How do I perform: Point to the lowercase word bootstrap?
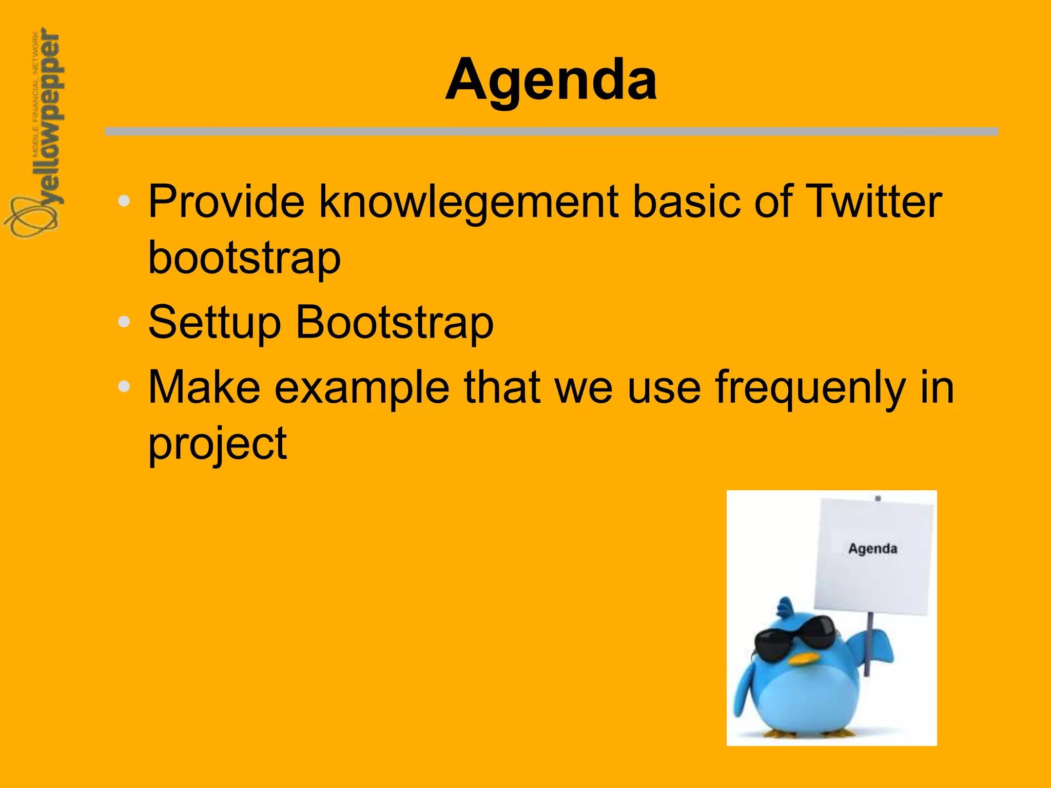244,258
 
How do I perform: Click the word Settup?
215,323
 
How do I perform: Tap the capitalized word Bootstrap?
395,323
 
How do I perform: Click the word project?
218,444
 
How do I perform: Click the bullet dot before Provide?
124,201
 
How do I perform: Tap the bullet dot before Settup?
124,322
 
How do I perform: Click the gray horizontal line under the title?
551,132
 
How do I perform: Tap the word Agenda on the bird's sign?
872,548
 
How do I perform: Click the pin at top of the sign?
878,498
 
